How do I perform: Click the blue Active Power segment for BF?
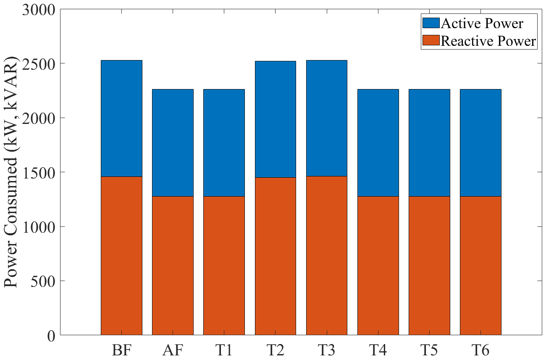121,118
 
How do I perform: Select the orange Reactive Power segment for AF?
173,265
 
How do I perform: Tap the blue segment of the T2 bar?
275,119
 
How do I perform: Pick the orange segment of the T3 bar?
326,255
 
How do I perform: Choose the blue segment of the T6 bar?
480,142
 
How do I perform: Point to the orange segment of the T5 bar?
429,265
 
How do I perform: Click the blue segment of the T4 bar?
378,142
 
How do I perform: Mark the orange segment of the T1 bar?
224,265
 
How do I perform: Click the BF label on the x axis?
121,350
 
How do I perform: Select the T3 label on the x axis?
326,350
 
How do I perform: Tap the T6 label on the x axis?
480,350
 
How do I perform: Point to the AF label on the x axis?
173,350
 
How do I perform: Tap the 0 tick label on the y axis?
52,336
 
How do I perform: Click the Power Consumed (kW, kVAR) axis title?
13,172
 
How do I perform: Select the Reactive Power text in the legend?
488,41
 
